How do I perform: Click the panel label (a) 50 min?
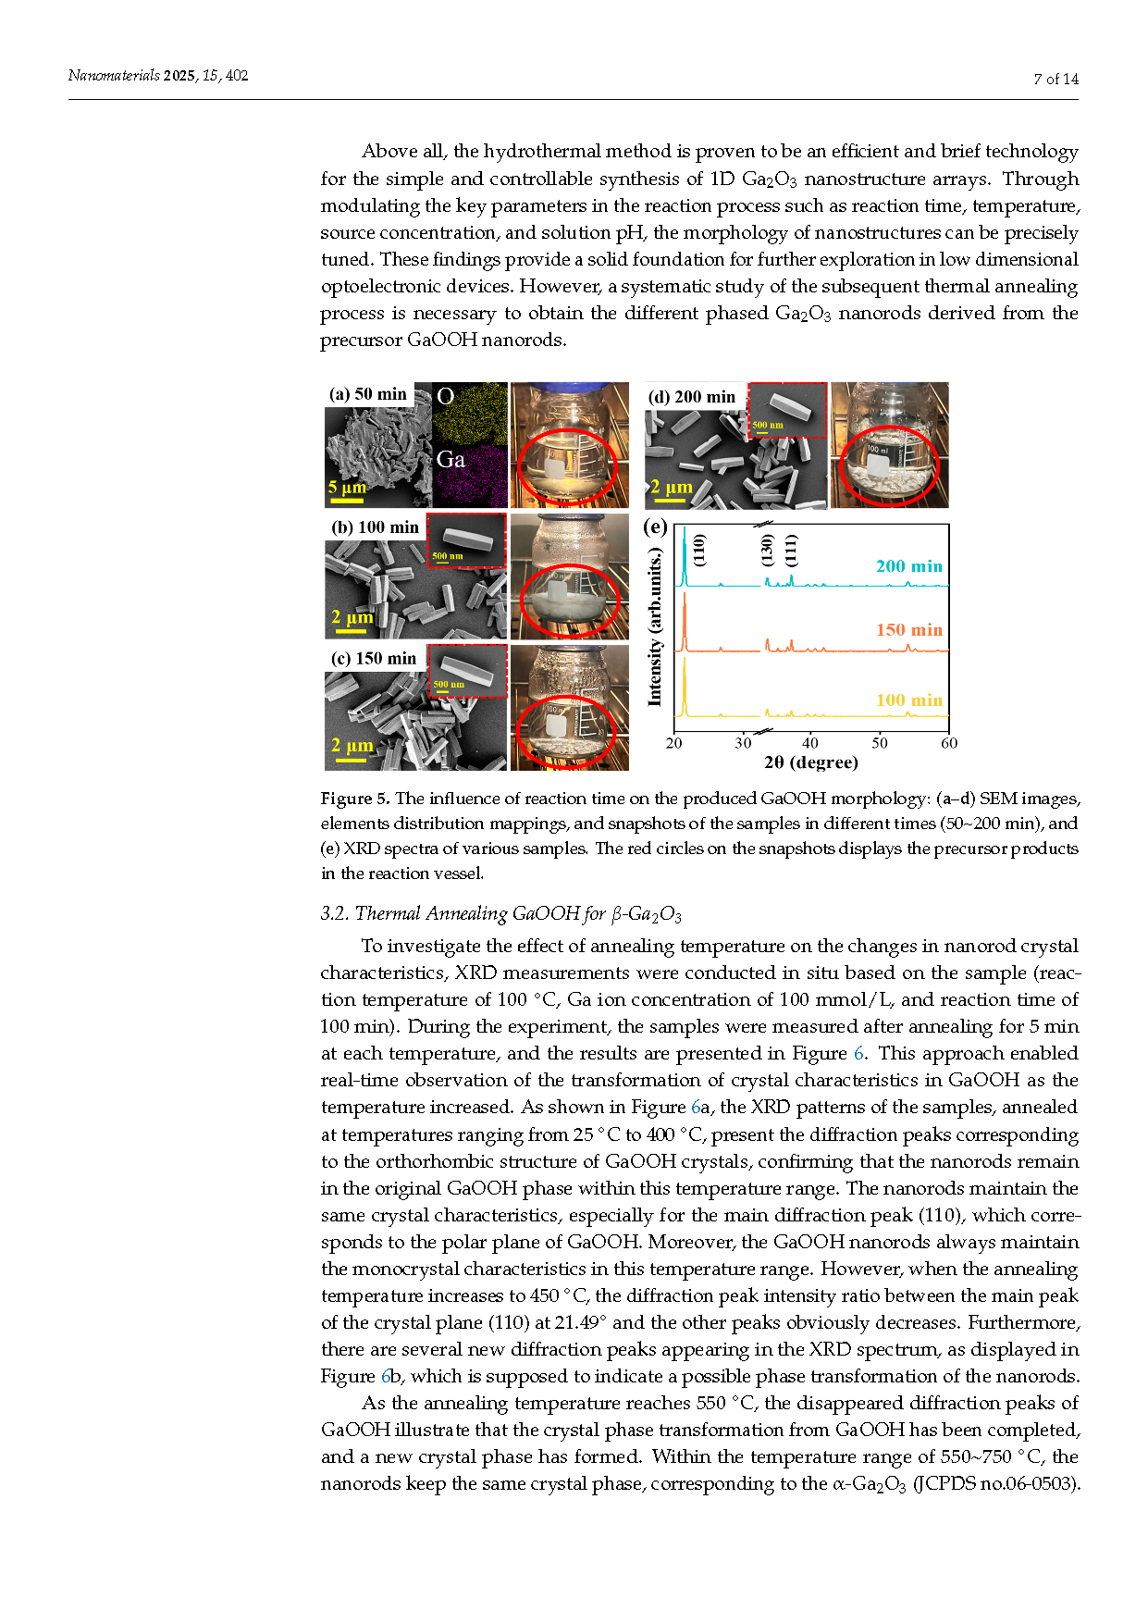pos(368,394)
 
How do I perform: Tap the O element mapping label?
pos(445,397)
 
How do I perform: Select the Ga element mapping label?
pos(451,459)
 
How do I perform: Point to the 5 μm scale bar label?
pos(347,488)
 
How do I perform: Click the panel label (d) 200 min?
pos(692,397)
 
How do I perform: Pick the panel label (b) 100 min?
pos(375,527)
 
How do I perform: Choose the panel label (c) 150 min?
pos(374,659)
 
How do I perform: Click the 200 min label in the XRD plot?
pos(908,566)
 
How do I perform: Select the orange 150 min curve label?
pos(908,630)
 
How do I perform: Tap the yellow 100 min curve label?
pos(908,700)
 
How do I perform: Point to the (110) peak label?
pos(699,550)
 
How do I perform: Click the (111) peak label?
pos(790,550)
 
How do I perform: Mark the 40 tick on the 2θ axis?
pos(810,743)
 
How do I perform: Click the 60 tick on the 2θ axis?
pos(949,743)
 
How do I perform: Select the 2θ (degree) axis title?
pos(810,762)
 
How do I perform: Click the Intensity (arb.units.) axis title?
pos(655,627)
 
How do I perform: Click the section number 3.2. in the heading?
pos(335,914)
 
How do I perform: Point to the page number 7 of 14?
pos(1055,80)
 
